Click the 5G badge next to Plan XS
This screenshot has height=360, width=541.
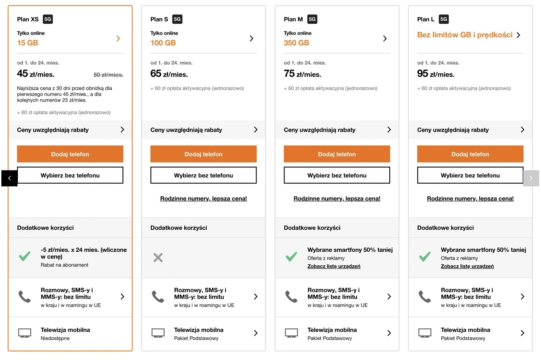[x=48, y=19]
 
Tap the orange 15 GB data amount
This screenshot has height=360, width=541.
[x=27, y=43]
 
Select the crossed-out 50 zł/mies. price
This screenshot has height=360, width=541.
[x=108, y=75]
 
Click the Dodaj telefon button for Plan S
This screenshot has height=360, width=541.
[x=203, y=154]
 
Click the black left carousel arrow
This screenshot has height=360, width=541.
[x=9, y=178]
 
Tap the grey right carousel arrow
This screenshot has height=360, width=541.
[x=531, y=178]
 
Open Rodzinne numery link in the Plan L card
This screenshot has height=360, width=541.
[x=470, y=198]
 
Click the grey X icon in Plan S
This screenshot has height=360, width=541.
[x=158, y=258]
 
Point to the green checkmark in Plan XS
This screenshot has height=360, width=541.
[x=25, y=256]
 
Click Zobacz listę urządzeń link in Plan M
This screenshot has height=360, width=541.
[x=334, y=266]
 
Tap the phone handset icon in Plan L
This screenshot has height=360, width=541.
[x=425, y=297]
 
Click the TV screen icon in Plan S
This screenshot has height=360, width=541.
[x=158, y=333]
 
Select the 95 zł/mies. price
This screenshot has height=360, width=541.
[x=436, y=74]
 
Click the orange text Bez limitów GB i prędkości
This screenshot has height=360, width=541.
[x=464, y=35]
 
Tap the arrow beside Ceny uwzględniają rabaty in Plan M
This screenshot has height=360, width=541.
[x=389, y=129]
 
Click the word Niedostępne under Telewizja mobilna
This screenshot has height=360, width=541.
[x=55, y=338]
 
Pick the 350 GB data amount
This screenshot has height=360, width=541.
[x=296, y=43]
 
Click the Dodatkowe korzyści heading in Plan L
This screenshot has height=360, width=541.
[x=445, y=228]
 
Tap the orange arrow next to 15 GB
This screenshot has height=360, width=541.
[x=118, y=38]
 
